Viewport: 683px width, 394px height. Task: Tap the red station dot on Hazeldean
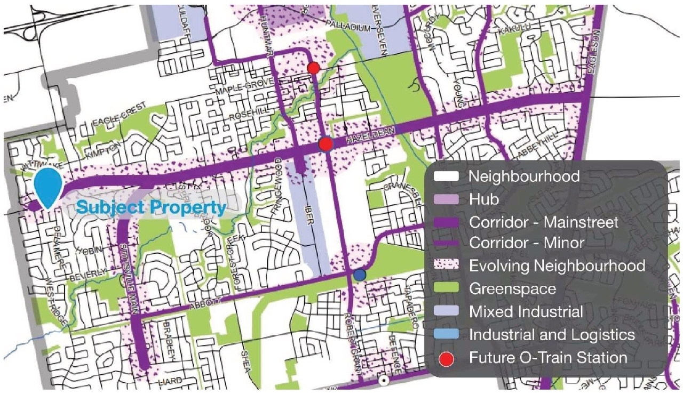tap(325, 144)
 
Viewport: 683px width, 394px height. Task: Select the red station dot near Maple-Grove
tap(314, 68)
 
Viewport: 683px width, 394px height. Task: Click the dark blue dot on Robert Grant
tap(360, 274)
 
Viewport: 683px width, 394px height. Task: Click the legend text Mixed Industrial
tap(526, 311)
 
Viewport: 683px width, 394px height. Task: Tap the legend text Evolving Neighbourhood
tap(557, 265)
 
